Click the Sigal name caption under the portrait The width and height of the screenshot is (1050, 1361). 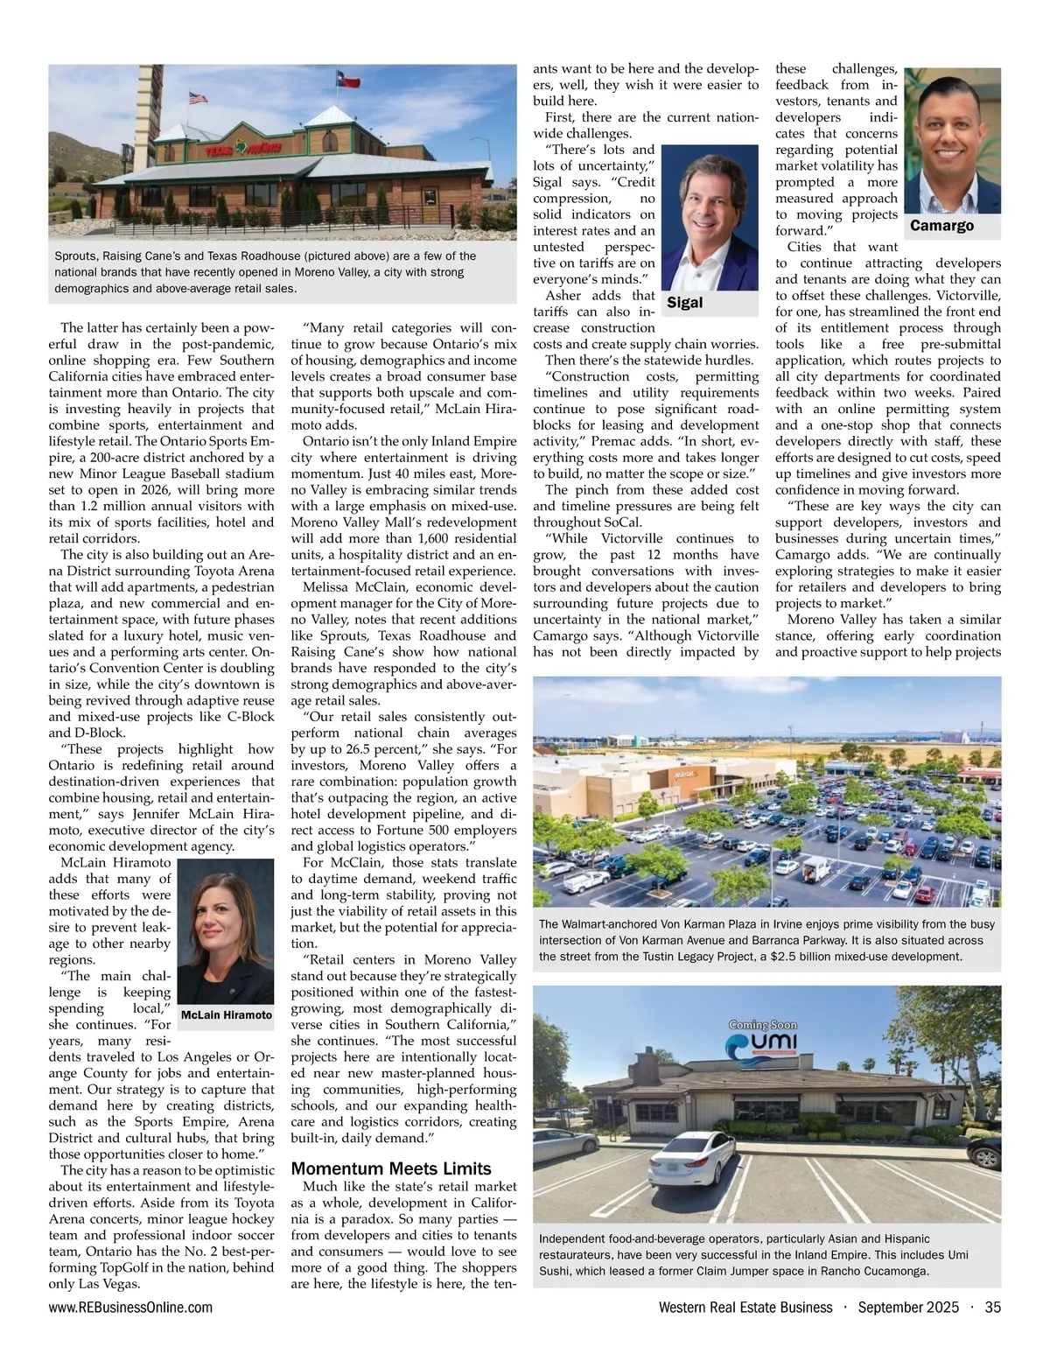(x=685, y=303)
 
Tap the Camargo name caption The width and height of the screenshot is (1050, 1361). (x=941, y=226)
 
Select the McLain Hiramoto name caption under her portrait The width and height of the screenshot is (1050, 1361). (x=226, y=1015)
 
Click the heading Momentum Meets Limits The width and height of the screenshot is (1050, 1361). (x=391, y=1168)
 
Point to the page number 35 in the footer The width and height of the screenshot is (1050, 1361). (x=992, y=1308)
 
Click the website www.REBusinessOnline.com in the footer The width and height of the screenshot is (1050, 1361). (x=130, y=1308)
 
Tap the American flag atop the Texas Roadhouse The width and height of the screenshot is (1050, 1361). (x=199, y=98)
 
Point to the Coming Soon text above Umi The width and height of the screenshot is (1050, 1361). (x=762, y=1025)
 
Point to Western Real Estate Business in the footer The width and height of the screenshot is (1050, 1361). (x=745, y=1308)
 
